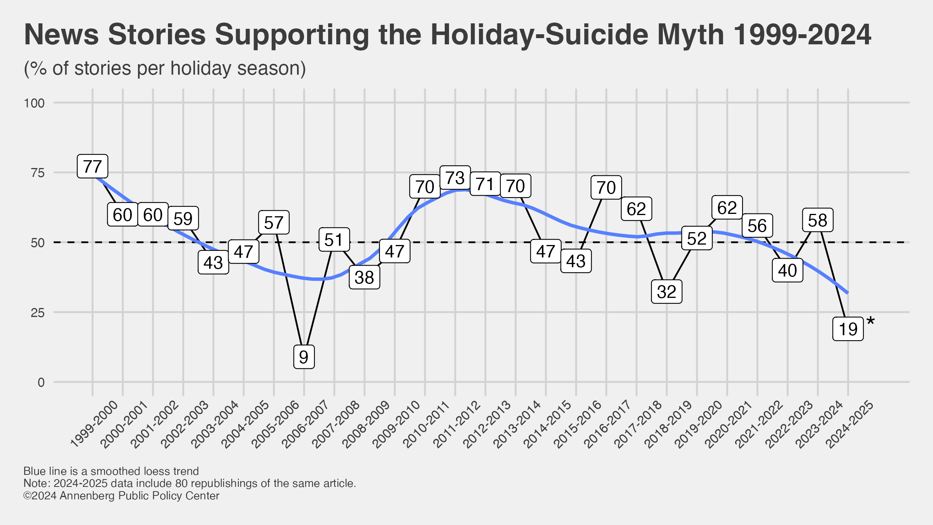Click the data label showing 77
coord(93,166)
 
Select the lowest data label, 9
coord(304,357)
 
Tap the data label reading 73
coord(455,178)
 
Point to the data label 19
coord(848,329)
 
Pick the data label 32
coord(667,292)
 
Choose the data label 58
coord(818,220)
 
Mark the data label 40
coord(788,270)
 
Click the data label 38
coord(364,277)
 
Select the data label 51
coord(334,240)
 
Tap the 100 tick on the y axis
coord(34,103)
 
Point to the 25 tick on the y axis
coord(37,312)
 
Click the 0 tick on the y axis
coord(41,382)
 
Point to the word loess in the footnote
coord(157,471)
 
